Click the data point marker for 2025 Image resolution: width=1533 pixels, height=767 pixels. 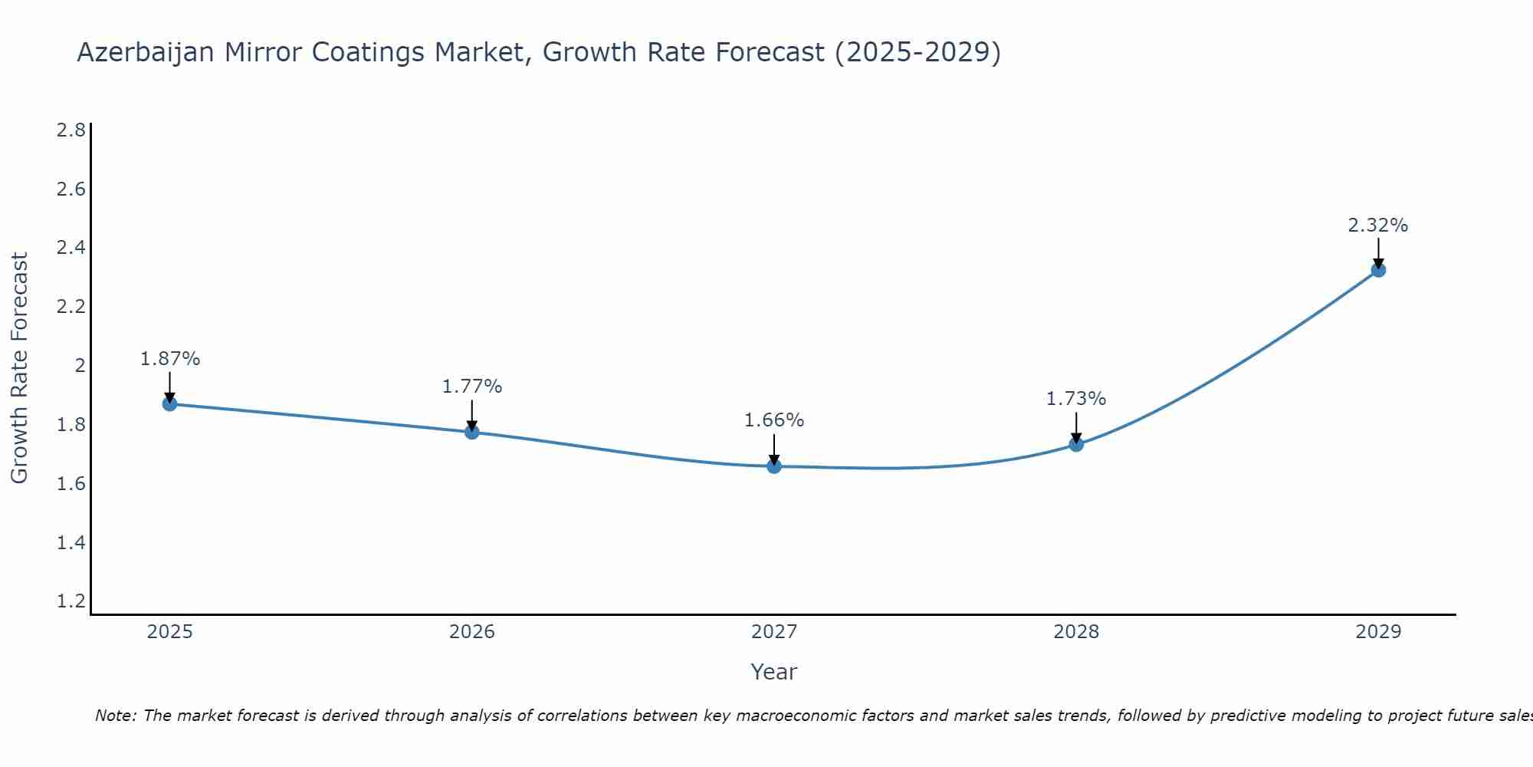click(169, 404)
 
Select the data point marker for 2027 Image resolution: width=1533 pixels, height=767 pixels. click(774, 466)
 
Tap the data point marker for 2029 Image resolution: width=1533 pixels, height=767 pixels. click(1378, 270)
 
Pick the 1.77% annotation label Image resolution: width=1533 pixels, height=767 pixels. click(472, 387)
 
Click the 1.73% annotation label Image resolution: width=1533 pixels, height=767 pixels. click(1076, 399)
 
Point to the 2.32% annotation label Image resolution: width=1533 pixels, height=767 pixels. click(1378, 225)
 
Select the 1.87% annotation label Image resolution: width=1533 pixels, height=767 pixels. click(170, 359)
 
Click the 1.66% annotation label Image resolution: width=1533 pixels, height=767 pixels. click(774, 420)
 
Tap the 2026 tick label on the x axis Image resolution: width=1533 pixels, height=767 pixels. click(472, 632)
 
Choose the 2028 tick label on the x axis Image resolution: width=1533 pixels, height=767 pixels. click(1076, 632)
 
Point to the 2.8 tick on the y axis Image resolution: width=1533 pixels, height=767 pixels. click(71, 130)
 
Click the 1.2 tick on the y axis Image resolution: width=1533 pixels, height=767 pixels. click(71, 601)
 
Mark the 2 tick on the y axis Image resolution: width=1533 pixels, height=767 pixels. click(80, 365)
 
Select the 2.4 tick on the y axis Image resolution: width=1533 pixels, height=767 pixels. click(71, 248)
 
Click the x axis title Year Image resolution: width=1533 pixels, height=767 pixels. click(774, 672)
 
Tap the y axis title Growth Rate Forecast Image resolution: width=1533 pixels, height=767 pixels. click(19, 368)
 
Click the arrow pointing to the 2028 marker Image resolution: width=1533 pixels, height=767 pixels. click(1076, 427)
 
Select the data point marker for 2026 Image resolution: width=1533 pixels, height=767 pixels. click(472, 432)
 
